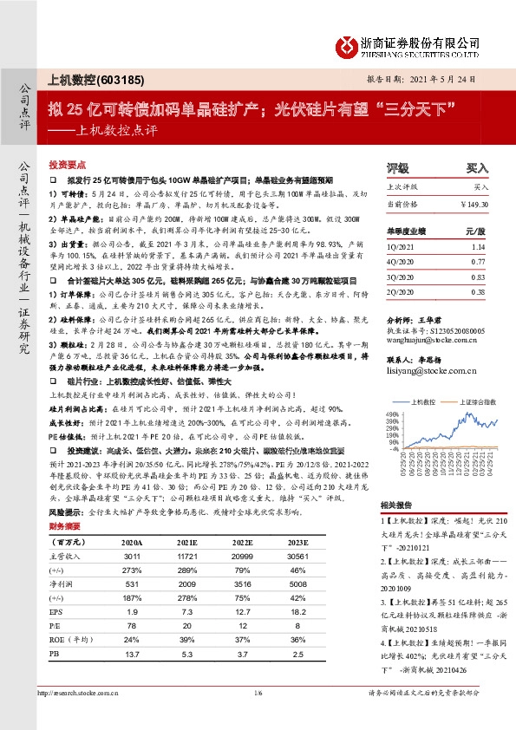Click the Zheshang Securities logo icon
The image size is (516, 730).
[348, 46]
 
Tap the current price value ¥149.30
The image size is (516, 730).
[475, 204]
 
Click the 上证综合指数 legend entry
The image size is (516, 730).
[469, 402]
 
